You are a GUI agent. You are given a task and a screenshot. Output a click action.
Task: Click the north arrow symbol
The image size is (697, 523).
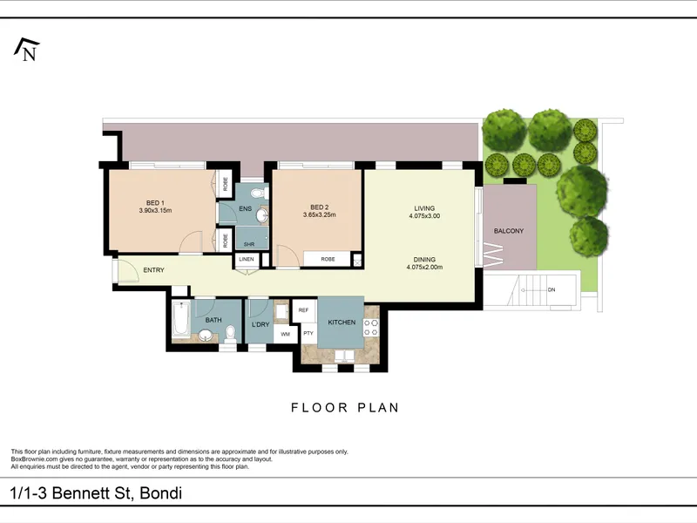click(27, 50)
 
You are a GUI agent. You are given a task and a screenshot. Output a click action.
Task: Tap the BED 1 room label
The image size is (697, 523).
click(155, 203)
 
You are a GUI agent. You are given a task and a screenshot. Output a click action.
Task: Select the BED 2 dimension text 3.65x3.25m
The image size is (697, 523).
click(319, 214)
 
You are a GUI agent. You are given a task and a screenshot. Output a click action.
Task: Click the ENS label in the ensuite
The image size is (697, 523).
click(246, 208)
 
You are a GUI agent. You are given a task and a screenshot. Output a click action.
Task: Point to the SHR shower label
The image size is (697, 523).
click(249, 244)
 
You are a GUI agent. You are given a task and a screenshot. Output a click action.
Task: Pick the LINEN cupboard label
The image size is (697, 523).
click(247, 259)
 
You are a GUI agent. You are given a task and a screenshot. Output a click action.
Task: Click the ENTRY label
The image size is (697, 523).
click(154, 270)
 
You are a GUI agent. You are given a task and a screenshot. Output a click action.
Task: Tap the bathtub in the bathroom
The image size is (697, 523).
click(181, 319)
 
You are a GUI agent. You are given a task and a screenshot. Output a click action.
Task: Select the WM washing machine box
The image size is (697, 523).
click(286, 334)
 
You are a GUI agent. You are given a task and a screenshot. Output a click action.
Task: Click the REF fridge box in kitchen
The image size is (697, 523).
click(303, 310)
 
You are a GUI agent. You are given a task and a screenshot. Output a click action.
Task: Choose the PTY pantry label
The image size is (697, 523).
click(308, 333)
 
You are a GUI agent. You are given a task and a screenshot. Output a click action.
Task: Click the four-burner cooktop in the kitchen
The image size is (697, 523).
click(372, 328)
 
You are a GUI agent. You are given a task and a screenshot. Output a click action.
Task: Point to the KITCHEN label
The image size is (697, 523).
click(342, 323)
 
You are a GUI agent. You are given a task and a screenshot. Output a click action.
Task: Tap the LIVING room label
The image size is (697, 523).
click(424, 208)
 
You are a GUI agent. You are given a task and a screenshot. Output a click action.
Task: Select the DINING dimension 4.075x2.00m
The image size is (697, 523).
click(424, 268)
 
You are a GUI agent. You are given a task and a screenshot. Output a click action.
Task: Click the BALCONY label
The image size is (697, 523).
click(509, 231)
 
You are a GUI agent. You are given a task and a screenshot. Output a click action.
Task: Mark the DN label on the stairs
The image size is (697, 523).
click(552, 290)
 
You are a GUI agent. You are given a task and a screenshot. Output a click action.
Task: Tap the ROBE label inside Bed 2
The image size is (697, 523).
click(328, 259)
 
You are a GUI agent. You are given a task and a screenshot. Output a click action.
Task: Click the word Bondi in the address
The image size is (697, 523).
click(161, 493)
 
